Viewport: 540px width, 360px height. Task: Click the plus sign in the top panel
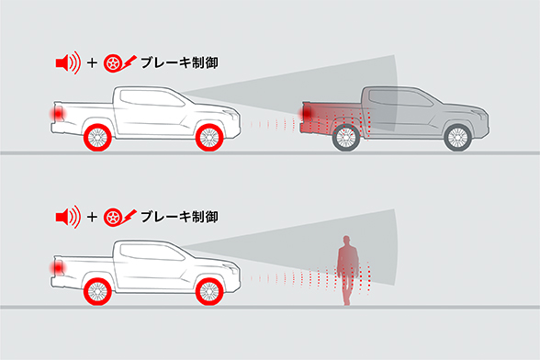click(x=93, y=64)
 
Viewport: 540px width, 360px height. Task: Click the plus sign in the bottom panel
click(x=93, y=218)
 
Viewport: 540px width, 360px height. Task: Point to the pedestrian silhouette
click(x=345, y=270)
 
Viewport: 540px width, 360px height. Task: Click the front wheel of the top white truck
click(x=211, y=138)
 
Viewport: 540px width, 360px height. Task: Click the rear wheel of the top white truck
click(x=97, y=138)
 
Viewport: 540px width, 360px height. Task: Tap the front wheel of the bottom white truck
click(x=211, y=291)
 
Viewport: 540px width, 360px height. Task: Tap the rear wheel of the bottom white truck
click(x=97, y=291)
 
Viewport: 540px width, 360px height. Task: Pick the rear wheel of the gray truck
click(x=345, y=138)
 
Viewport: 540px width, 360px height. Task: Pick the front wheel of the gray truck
click(x=458, y=138)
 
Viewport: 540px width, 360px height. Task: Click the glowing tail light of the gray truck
click(x=308, y=113)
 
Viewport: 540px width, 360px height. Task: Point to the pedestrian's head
click(x=345, y=241)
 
